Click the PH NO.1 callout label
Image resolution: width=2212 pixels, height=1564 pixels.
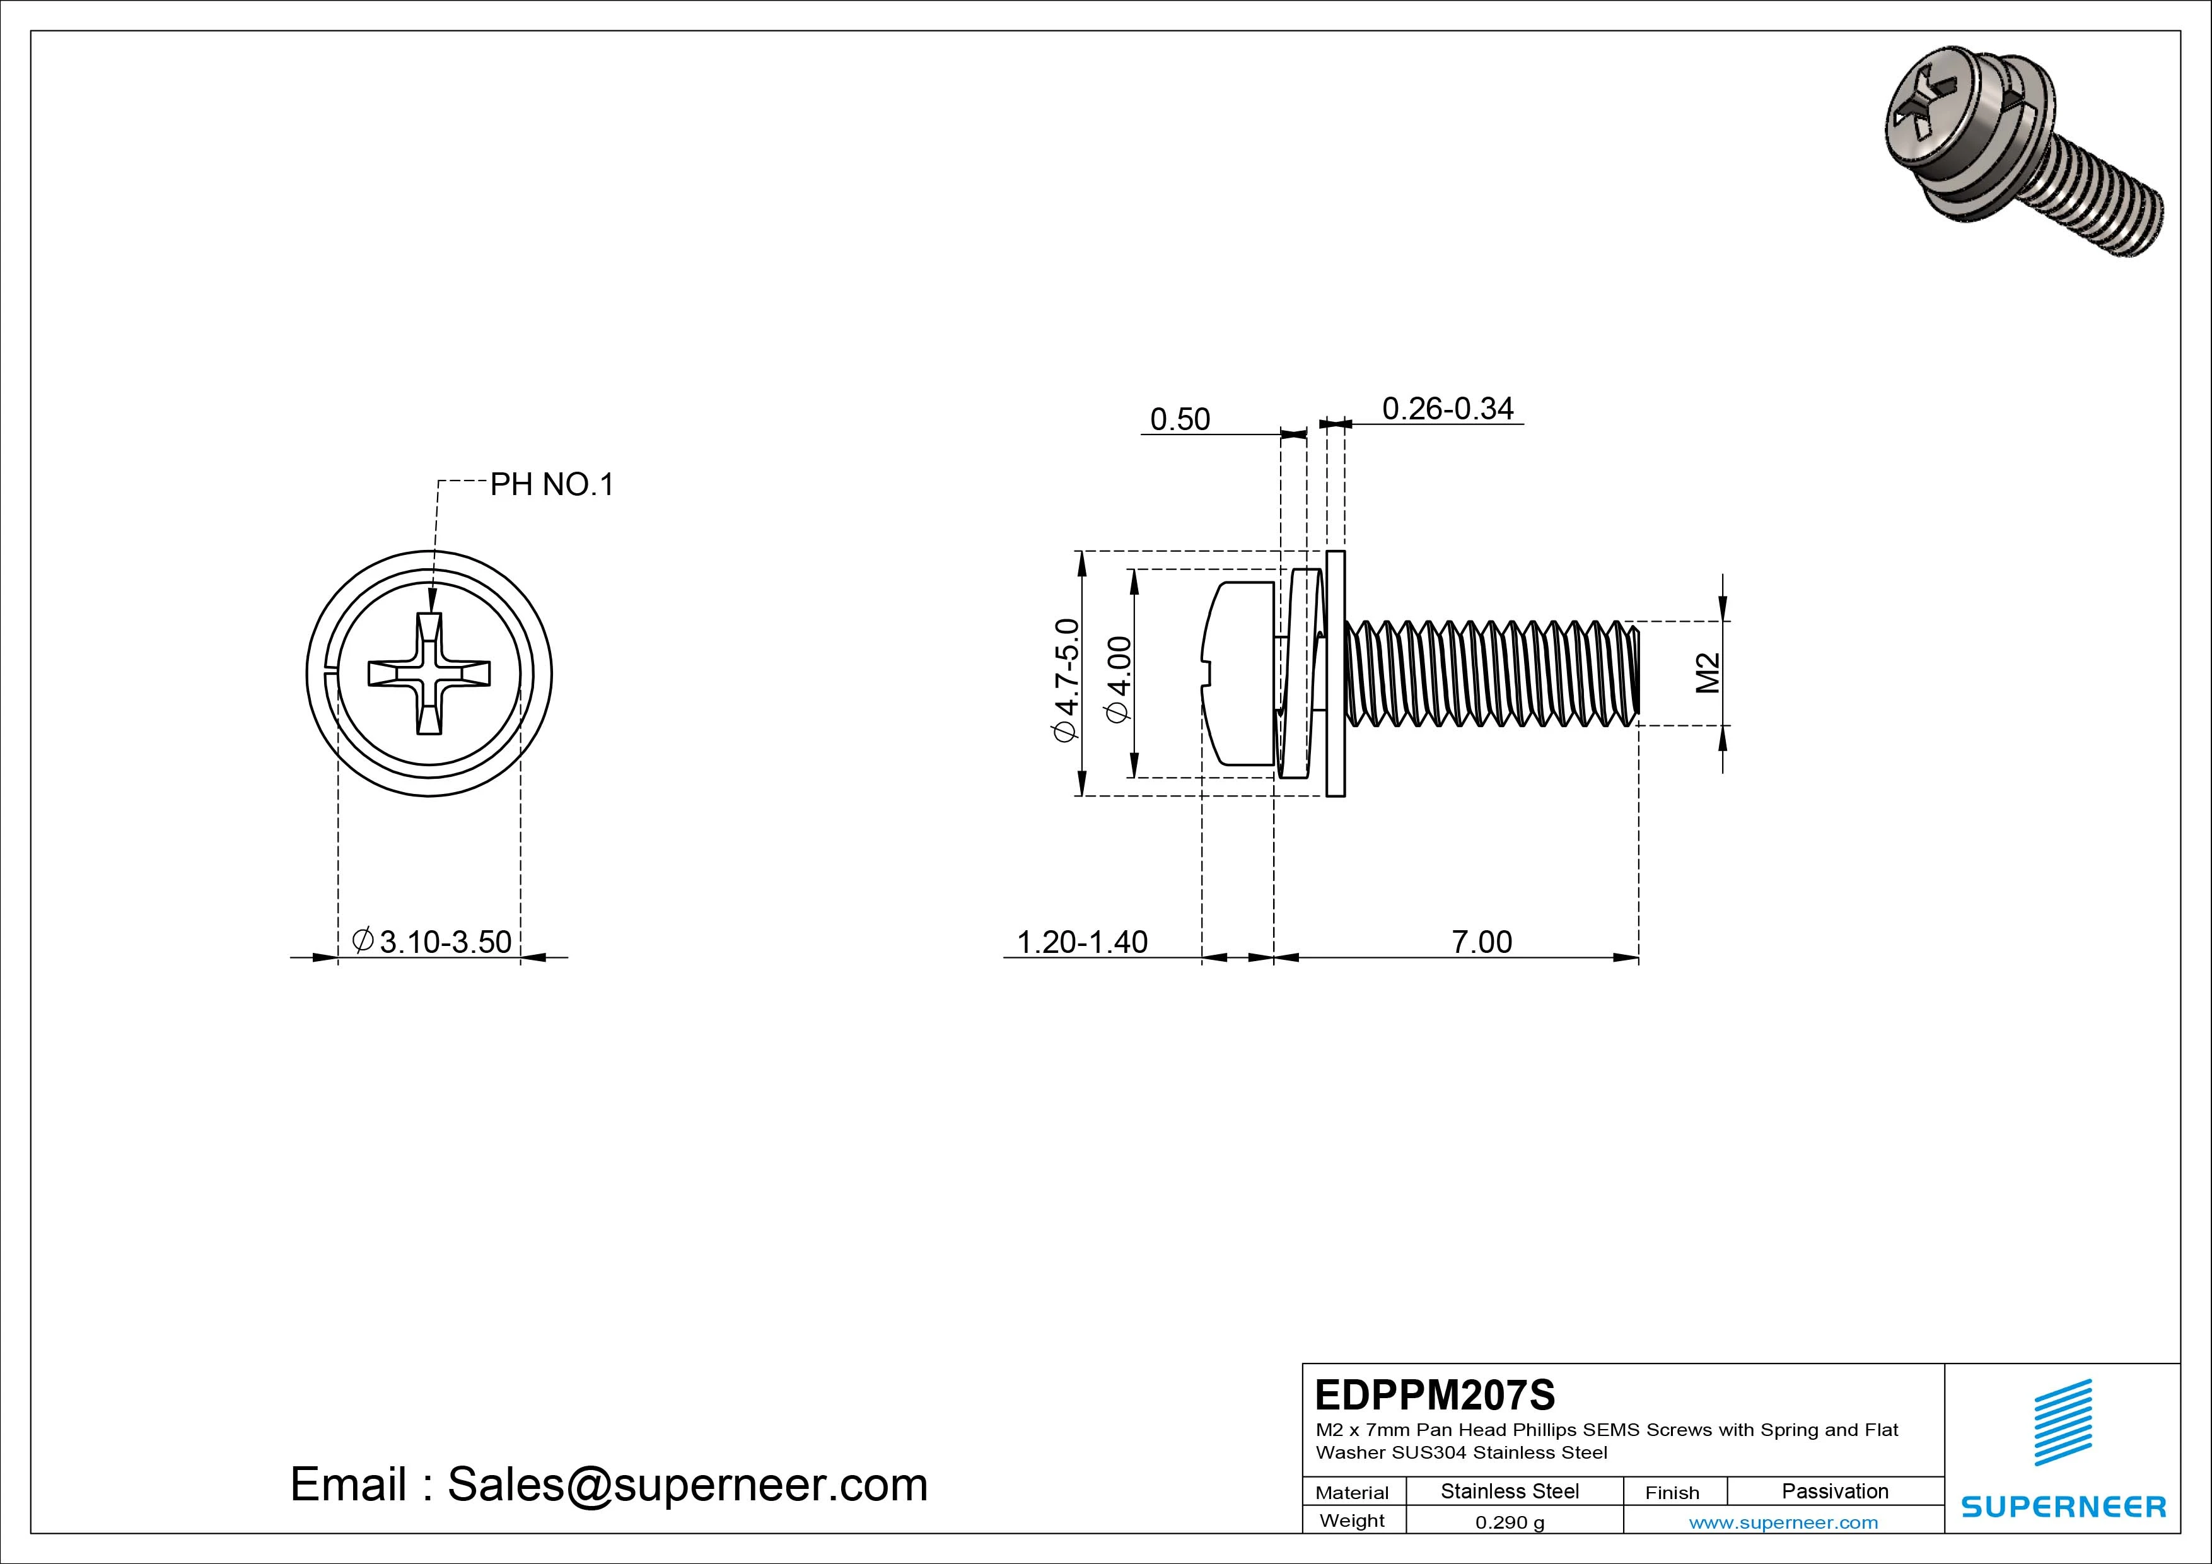click(551, 485)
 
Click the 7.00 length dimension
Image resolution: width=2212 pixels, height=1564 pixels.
click(1482, 942)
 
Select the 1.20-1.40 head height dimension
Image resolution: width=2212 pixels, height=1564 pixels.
click(1082, 942)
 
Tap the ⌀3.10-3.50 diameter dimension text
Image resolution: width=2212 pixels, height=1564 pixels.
click(433, 942)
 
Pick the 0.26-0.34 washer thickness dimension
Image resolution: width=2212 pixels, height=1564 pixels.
click(1447, 409)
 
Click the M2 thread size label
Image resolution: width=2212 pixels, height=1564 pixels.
click(1707, 673)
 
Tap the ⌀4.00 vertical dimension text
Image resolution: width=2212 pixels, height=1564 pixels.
click(1119, 679)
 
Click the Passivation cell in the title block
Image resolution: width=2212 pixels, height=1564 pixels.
click(1834, 1491)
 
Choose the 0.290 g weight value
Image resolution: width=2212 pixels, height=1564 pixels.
click(1510, 1522)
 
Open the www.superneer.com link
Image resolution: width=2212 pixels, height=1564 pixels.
click(1783, 1522)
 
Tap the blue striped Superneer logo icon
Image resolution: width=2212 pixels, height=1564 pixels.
click(2063, 1422)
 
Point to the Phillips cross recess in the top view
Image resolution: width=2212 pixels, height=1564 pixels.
click(429, 673)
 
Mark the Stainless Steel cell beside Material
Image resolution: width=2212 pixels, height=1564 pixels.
click(1510, 1491)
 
